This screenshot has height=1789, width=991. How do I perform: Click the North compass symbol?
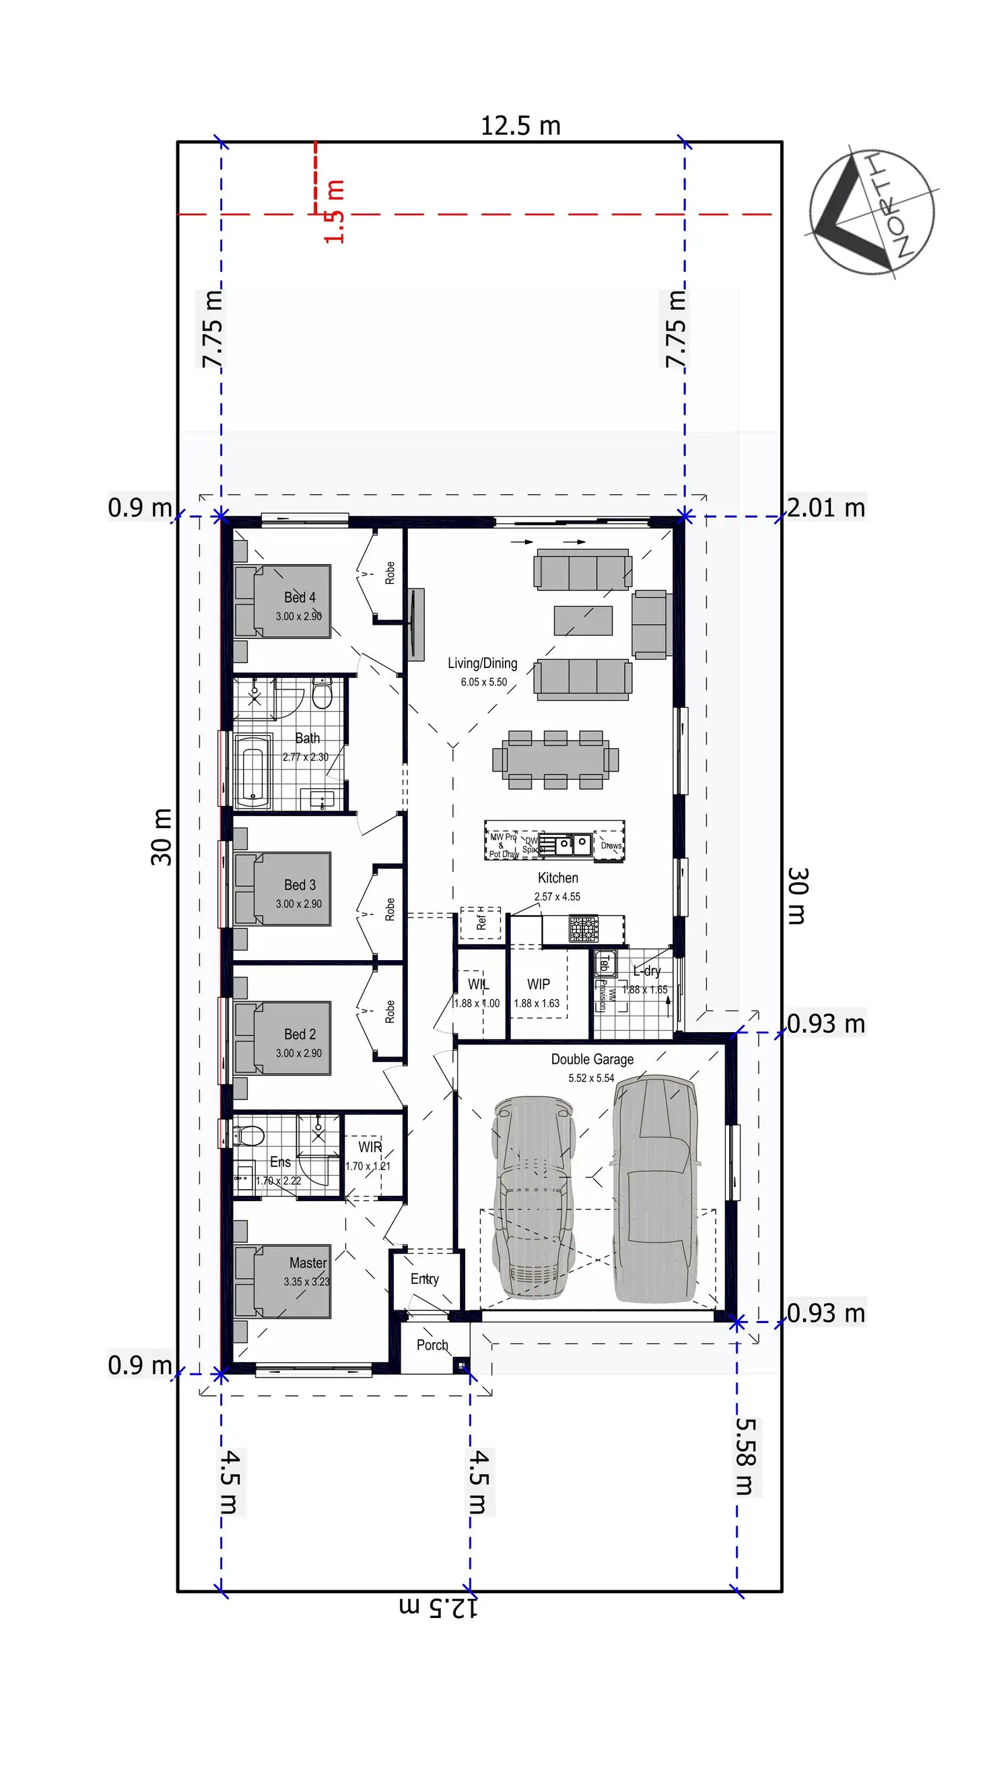872,209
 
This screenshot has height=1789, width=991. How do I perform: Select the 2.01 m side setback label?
825,508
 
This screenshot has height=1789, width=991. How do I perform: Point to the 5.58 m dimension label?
745,1456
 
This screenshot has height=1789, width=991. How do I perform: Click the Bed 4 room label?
300,597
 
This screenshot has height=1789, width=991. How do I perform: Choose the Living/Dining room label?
482,663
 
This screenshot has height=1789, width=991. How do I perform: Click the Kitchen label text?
557,878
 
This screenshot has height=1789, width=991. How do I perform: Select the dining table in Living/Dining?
555,760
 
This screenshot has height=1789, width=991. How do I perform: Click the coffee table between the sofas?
582,620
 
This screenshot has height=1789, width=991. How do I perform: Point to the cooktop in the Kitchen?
583,929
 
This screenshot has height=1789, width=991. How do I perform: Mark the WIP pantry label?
538,984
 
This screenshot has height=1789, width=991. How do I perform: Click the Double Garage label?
592,1059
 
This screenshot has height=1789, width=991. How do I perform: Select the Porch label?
432,1345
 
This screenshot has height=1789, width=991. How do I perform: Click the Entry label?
424,1279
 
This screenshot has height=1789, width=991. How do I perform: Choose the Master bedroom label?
308,1262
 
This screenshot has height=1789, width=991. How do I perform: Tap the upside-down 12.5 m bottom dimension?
438,1607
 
